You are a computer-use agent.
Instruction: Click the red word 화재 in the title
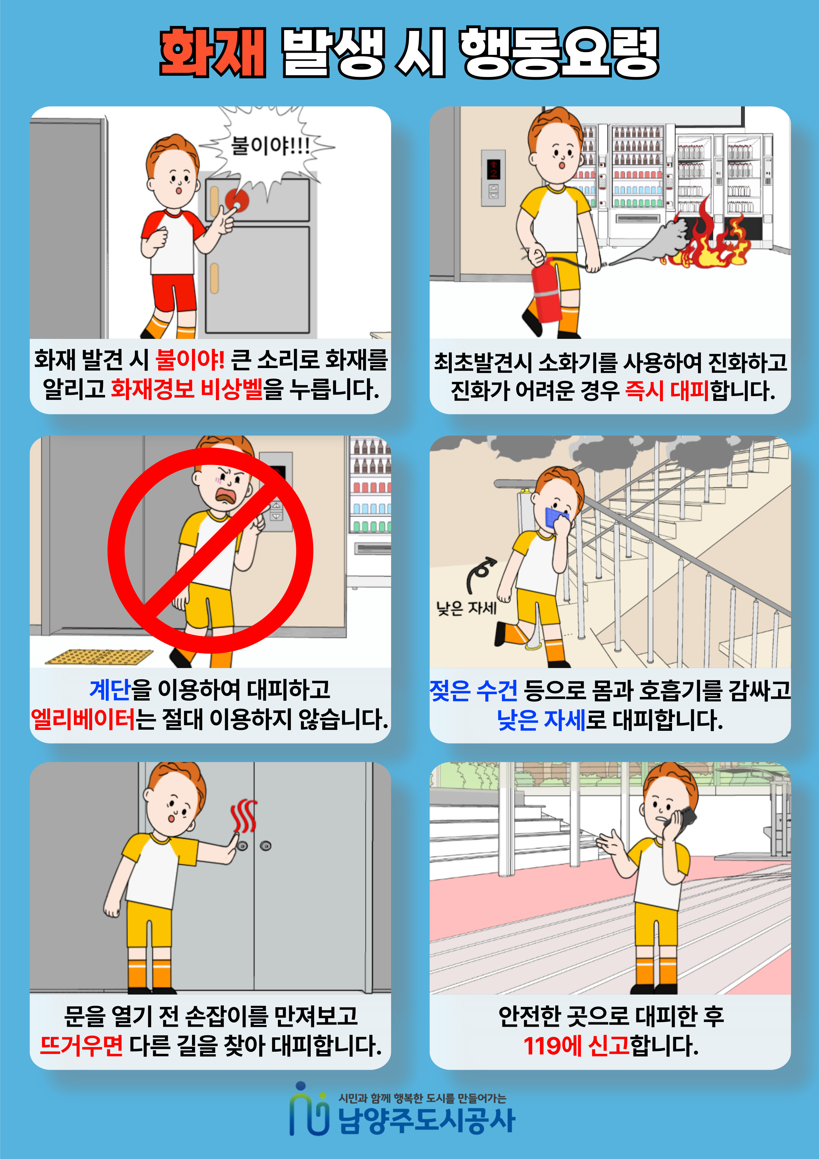(212, 52)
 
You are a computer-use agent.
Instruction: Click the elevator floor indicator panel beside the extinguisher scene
(493, 178)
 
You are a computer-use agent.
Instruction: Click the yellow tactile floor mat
(99, 657)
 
